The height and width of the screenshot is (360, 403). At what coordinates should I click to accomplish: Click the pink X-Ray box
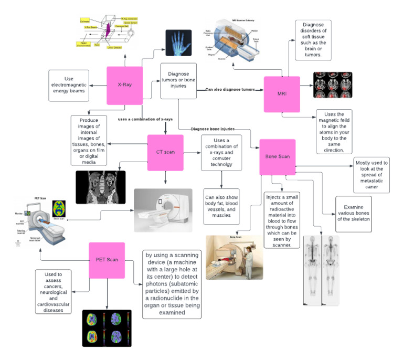[125, 85]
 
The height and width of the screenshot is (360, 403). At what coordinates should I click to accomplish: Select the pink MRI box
[281, 94]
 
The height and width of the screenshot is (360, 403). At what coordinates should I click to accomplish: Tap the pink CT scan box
[165, 153]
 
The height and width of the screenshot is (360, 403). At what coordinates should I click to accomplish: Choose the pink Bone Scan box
[278, 157]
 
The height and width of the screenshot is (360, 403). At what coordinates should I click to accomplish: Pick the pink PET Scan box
[107, 260]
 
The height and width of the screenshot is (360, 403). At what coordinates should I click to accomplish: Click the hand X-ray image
[178, 43]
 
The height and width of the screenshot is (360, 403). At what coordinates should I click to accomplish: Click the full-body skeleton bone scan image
[321, 269]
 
